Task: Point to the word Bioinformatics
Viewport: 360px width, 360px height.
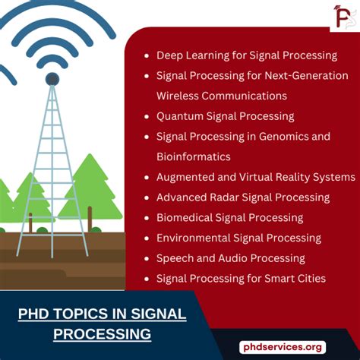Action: coord(193,156)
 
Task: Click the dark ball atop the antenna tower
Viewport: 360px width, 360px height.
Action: coord(52,78)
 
